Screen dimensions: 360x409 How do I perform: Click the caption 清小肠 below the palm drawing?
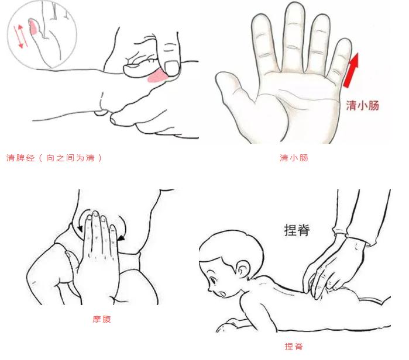[x=294, y=158]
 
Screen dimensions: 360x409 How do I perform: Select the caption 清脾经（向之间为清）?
[x=54, y=158]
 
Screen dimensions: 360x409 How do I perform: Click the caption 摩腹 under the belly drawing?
[x=102, y=319]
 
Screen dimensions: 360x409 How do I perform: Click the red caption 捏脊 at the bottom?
[x=294, y=347]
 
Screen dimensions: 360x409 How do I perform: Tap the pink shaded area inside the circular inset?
[x=35, y=26]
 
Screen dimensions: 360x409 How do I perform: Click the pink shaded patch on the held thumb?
[x=157, y=77]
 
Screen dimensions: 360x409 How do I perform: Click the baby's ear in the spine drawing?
[x=244, y=270]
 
